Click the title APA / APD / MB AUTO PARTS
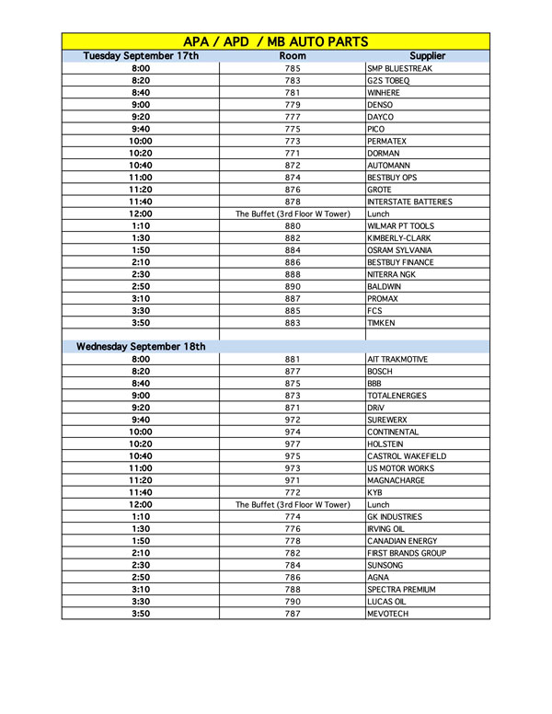[276, 41]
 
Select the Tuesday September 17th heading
[141, 56]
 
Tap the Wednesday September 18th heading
[141, 347]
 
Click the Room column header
[293, 56]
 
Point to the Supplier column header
[427, 56]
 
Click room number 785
[293, 69]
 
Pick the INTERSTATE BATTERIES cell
[409, 202]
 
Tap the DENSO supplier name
[380, 105]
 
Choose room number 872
[293, 166]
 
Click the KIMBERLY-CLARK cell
[400, 238]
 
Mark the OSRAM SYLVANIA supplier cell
[400, 250]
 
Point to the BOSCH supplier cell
[380, 372]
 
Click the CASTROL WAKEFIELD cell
[406, 456]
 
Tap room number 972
[293, 420]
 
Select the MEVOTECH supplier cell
[387, 614]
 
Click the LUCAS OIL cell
[387, 602]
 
